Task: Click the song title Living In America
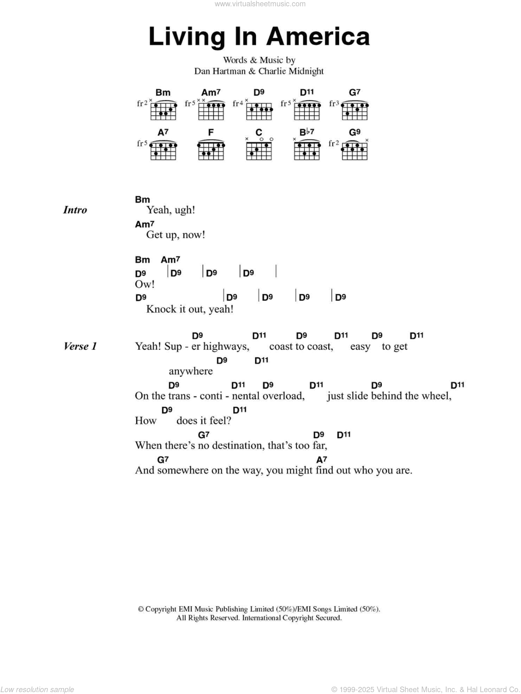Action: tap(259, 36)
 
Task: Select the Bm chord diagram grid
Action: tap(163, 111)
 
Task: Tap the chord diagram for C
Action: tap(259, 150)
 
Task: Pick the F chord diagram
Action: tap(211, 150)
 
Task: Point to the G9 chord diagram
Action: tap(354, 150)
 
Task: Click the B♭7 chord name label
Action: tap(307, 132)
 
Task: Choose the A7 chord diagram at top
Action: tap(163, 150)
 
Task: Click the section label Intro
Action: tap(75, 210)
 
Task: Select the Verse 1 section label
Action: tap(80, 346)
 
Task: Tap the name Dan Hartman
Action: tap(220, 71)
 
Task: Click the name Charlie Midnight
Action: tap(291, 71)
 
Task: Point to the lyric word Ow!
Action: tap(144, 284)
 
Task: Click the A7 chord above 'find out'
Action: tap(322, 460)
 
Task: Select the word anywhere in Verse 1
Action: tap(191, 371)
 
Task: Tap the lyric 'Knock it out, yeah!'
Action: tap(190, 309)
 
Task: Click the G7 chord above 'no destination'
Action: tap(204, 434)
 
